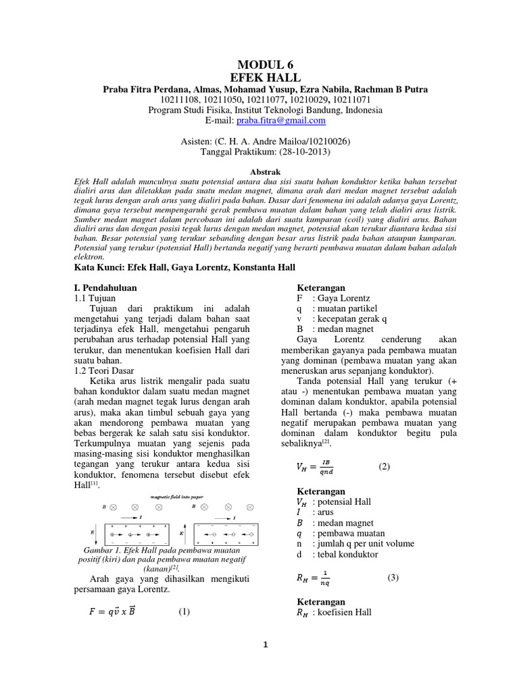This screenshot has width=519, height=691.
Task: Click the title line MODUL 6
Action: click(259, 65)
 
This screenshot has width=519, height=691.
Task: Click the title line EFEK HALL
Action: click(259, 78)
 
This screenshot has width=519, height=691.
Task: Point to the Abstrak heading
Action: click(259, 171)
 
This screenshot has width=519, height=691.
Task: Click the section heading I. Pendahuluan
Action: click(104, 287)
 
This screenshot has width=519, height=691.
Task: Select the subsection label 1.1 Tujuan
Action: click(94, 298)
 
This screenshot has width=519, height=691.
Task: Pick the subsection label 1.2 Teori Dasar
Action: click(103, 370)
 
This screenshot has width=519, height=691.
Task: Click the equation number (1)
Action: click(184, 612)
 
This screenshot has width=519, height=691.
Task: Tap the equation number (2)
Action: click(385, 467)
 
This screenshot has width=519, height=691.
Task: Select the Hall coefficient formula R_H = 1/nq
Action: click(314, 579)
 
